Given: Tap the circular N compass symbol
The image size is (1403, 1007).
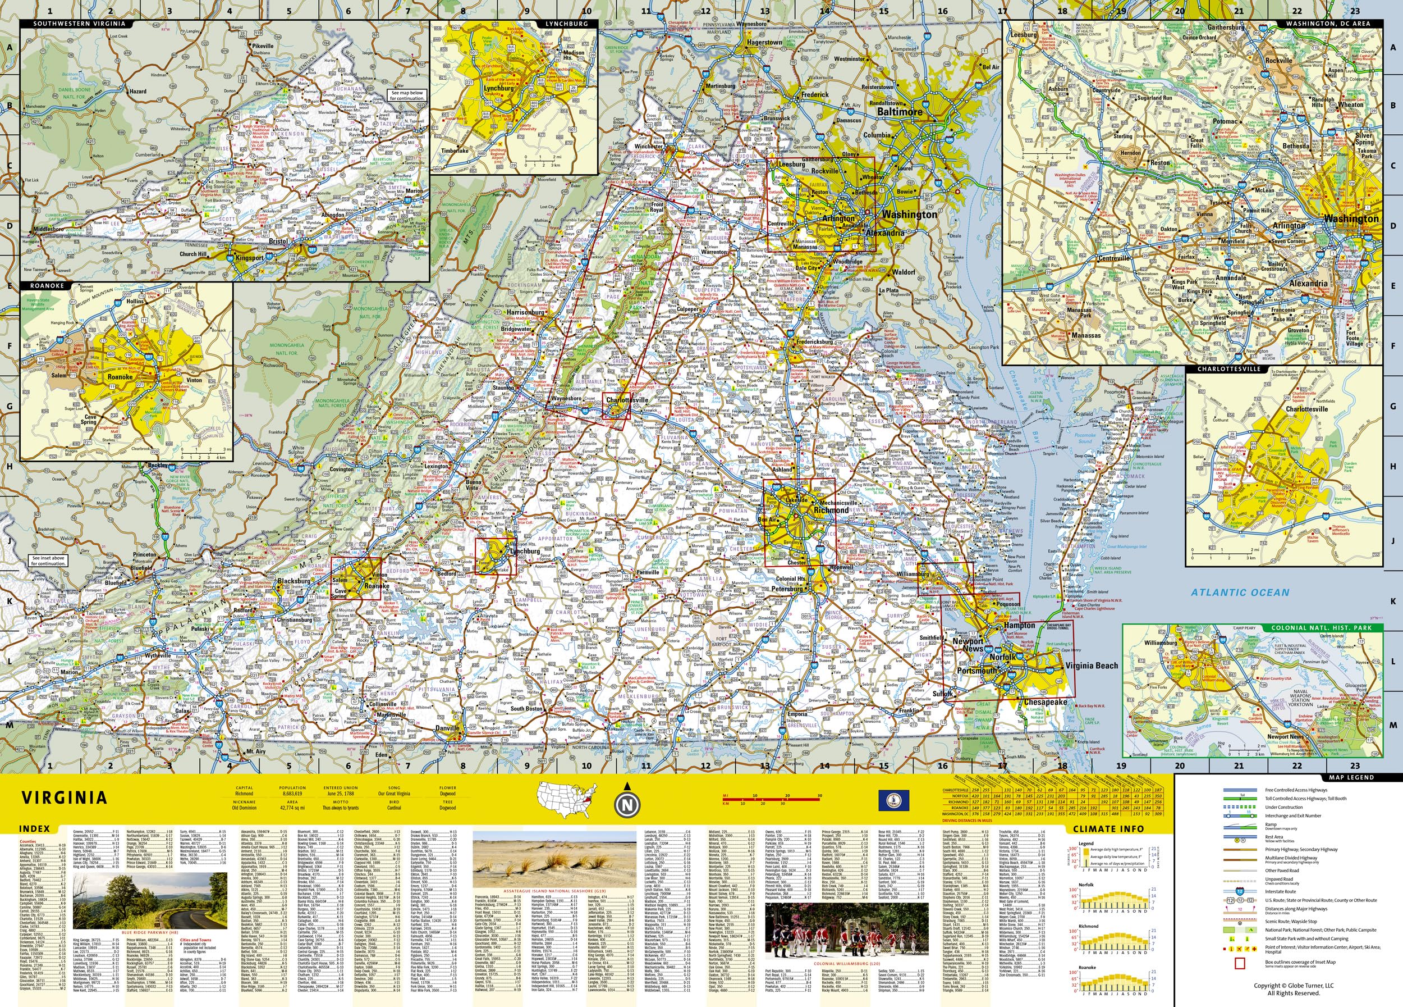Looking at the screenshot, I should [x=627, y=805].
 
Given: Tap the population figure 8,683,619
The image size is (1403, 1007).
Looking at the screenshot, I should [x=292, y=794].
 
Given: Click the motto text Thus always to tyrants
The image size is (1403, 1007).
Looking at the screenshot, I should [x=340, y=808].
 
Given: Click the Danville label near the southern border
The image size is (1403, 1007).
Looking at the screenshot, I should [x=448, y=728].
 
